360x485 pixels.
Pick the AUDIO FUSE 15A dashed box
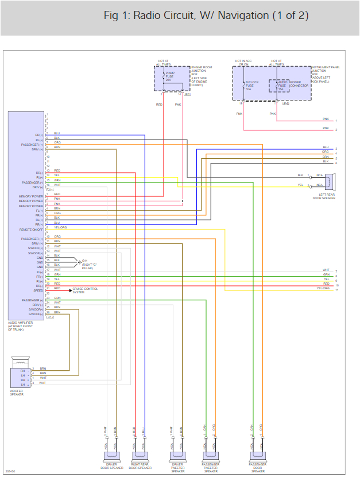279,86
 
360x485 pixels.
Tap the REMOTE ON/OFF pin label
32,229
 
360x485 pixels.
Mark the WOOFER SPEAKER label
17,393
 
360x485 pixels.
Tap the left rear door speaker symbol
329,182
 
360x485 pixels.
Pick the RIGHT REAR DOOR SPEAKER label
140,468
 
